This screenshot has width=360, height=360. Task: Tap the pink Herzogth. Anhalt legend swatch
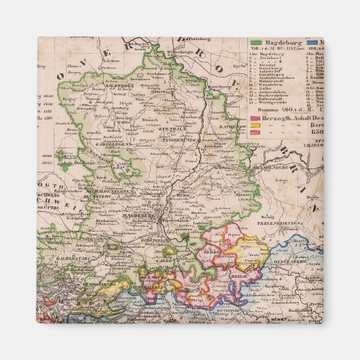tap(254, 118)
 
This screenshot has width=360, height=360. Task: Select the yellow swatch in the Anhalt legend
tap(254, 125)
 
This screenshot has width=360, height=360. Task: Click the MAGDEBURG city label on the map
tap(140, 216)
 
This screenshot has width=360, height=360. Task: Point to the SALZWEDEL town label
tap(117, 86)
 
